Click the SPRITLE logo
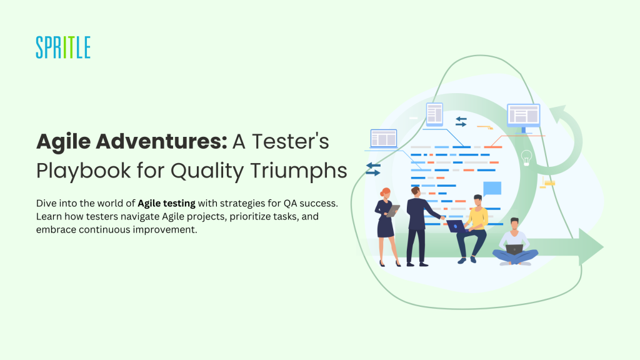[x=63, y=47]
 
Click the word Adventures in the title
[x=161, y=141]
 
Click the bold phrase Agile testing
[x=166, y=203]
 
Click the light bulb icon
[x=526, y=157]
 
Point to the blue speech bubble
[x=492, y=189]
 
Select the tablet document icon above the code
[x=434, y=114]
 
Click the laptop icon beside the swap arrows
[x=384, y=139]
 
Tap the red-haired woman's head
[x=385, y=192]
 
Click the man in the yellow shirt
[x=472, y=229]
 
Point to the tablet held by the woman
[x=392, y=211]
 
